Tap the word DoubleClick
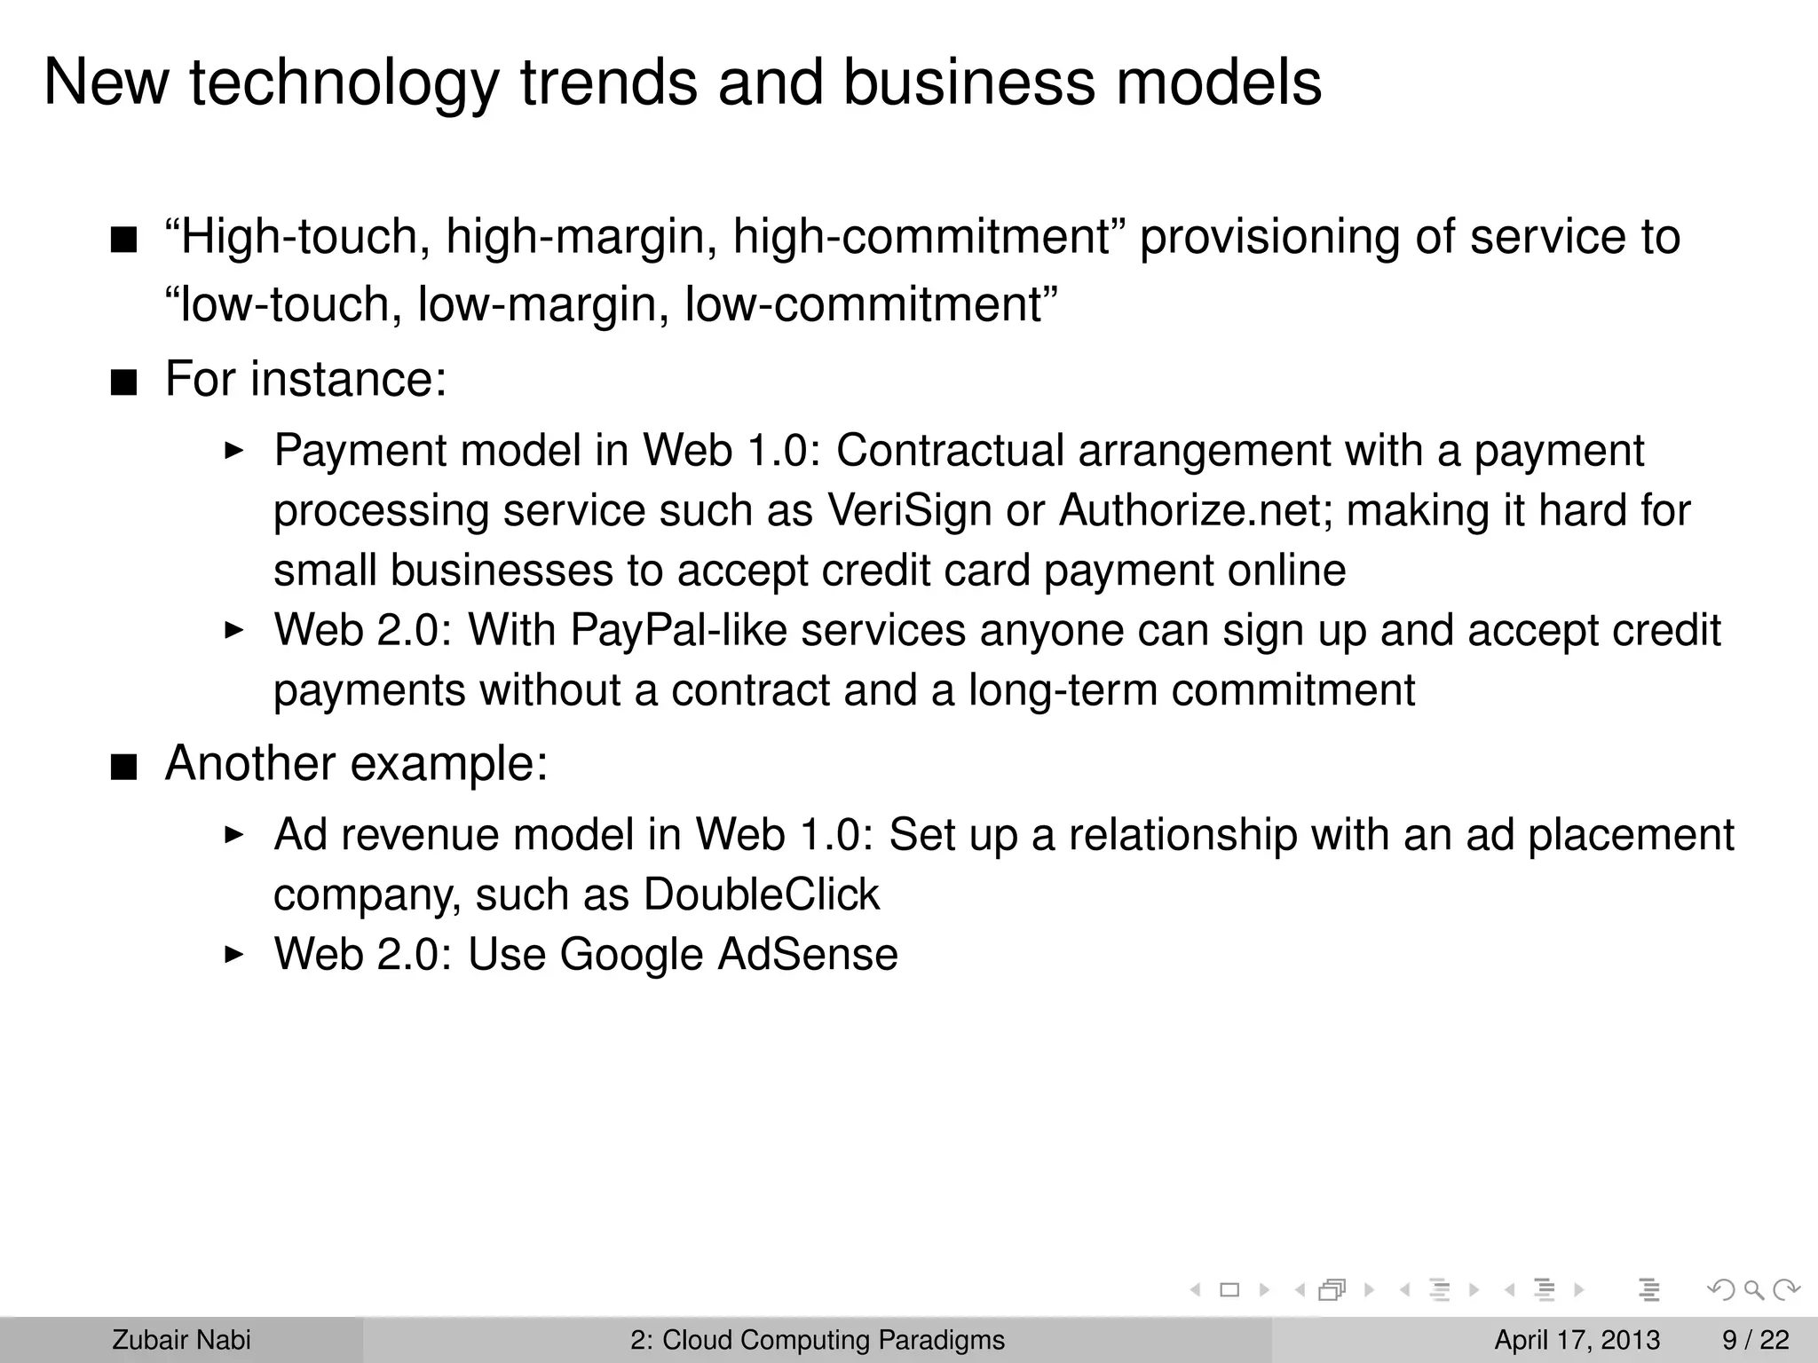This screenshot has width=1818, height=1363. pos(762,894)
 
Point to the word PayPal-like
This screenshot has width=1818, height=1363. pos(678,631)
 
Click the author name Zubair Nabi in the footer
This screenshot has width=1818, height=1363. pos(181,1340)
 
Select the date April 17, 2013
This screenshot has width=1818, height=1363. pos(1577,1340)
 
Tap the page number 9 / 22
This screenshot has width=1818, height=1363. pos(1756,1340)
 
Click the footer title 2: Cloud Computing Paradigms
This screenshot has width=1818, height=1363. pos(818,1340)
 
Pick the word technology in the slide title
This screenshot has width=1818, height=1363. pos(344,83)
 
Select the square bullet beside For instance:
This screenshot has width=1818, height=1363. pos(124,383)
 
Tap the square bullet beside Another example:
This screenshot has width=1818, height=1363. pos(124,768)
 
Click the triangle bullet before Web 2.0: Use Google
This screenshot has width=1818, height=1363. pos(233,955)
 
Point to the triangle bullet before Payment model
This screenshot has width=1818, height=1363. pos(233,451)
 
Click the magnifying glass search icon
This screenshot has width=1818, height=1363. pos(1753,1290)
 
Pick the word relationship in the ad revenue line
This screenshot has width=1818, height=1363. pos(1182,835)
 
